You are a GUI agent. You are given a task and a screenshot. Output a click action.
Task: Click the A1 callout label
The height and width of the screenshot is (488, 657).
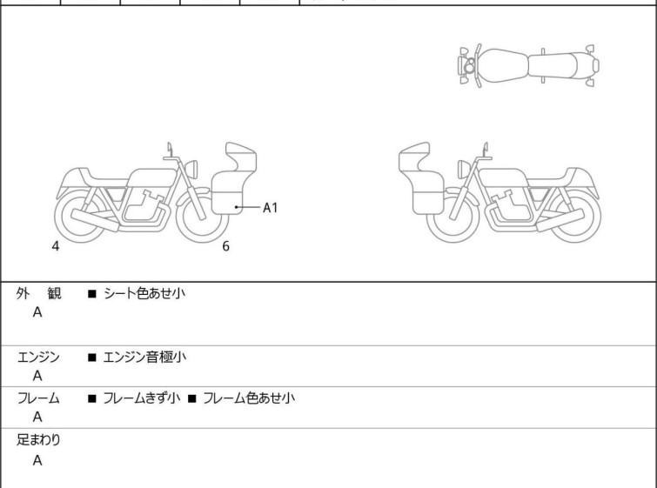(x=271, y=207)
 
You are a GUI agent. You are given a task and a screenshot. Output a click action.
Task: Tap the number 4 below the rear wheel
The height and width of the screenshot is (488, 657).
(x=56, y=246)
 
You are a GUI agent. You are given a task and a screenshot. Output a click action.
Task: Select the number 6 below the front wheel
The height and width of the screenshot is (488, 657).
(x=226, y=246)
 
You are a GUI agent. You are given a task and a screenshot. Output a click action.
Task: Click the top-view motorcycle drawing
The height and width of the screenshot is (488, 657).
(x=528, y=66)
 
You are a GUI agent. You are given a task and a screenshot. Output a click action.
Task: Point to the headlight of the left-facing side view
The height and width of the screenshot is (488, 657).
(x=464, y=170)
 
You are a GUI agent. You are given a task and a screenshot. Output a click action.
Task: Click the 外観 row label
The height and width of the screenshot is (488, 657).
(x=38, y=293)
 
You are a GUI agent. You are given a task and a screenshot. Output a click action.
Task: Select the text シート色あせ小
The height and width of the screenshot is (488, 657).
(x=144, y=293)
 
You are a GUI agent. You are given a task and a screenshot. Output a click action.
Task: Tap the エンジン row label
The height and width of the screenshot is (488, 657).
(x=38, y=357)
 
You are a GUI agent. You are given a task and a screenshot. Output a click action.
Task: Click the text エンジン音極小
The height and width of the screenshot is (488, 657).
(x=144, y=357)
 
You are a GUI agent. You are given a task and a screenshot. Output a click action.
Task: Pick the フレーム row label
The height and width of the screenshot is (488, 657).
(x=38, y=398)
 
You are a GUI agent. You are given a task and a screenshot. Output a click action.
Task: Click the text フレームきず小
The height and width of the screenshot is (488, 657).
(x=142, y=398)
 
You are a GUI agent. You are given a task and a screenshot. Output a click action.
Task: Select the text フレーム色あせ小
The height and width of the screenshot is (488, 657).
(x=249, y=398)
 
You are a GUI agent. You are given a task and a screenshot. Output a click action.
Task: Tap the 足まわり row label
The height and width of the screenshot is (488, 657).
(x=38, y=440)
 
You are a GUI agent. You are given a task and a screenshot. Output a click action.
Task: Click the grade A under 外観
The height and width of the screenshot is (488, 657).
(x=37, y=312)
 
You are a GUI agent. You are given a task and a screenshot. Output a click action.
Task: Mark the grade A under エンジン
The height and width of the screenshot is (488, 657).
(x=37, y=376)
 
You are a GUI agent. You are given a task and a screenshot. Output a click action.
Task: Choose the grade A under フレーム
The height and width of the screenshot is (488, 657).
(x=37, y=418)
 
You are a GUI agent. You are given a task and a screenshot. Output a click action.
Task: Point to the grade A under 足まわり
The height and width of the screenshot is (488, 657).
(x=37, y=461)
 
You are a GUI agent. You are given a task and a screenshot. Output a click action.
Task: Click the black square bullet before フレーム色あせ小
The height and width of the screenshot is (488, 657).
(x=192, y=398)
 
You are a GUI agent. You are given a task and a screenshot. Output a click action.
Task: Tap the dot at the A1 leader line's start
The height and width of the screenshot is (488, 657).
(x=237, y=207)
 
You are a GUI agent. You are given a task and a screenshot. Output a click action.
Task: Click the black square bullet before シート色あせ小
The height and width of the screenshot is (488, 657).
(x=91, y=294)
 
